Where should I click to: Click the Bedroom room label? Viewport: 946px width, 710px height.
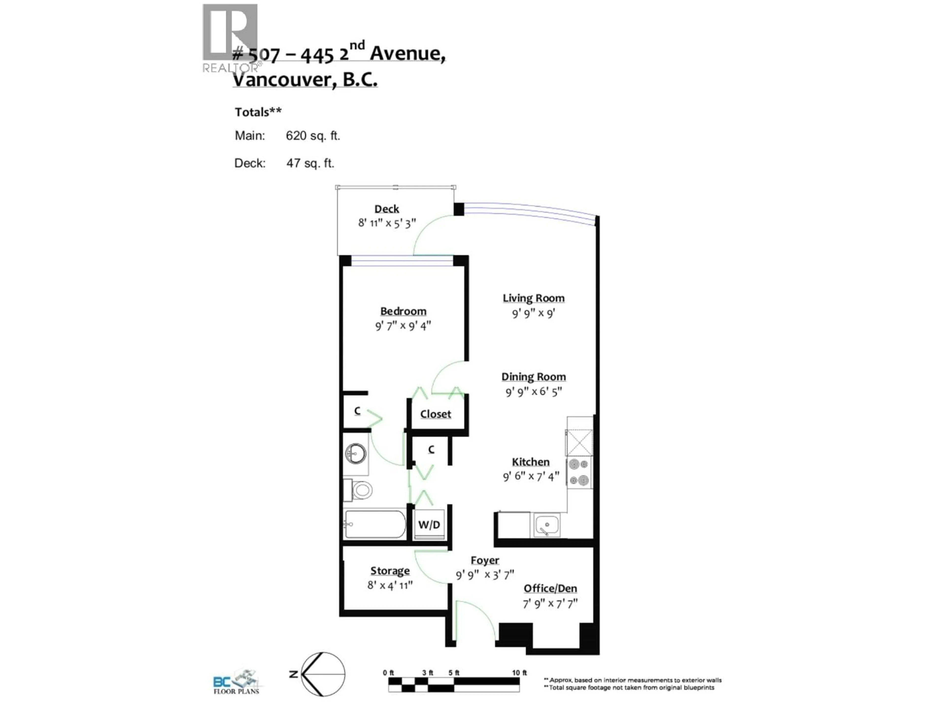pyautogui.click(x=403, y=311)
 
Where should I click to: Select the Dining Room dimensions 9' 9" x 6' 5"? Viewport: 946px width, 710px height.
pyautogui.click(x=533, y=391)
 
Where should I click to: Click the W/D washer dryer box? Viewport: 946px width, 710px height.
pyautogui.click(x=429, y=525)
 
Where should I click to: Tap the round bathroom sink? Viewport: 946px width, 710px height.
pyautogui.click(x=355, y=453)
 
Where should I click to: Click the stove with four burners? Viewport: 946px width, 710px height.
pyautogui.click(x=579, y=473)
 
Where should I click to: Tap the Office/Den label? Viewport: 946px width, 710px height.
pyautogui.click(x=550, y=588)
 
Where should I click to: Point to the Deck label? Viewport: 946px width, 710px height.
pyautogui.click(x=387, y=209)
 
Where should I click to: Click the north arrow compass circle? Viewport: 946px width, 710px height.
pyautogui.click(x=323, y=674)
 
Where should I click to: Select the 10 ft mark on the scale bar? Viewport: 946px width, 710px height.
pyautogui.click(x=519, y=673)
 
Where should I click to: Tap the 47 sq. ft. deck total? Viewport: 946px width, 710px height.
pyautogui.click(x=310, y=163)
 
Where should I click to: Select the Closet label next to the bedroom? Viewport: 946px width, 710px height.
pyautogui.click(x=435, y=414)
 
